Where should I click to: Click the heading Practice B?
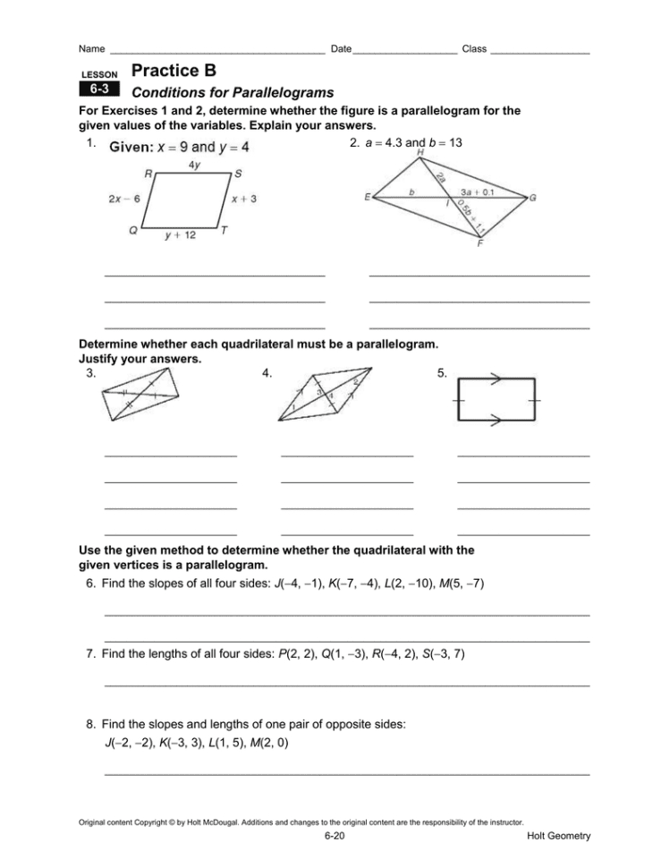(173, 70)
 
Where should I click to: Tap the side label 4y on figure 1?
(194, 165)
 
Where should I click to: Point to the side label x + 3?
(244, 200)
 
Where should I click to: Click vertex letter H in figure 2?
(420, 154)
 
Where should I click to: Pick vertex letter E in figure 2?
(368, 198)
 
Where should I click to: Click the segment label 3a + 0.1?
(479, 191)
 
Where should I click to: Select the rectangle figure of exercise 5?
(496, 400)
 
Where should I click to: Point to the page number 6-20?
(335, 836)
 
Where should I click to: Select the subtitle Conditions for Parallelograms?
(232, 92)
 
